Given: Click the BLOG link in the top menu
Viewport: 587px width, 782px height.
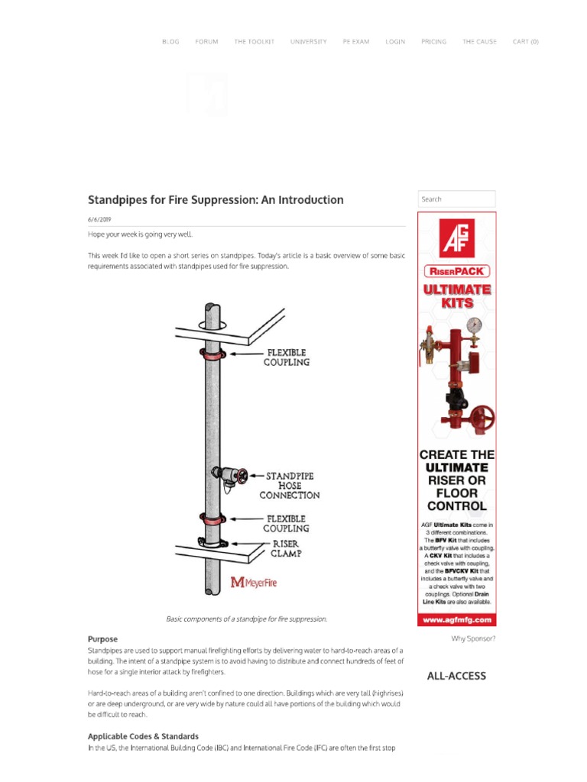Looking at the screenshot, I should (x=170, y=42).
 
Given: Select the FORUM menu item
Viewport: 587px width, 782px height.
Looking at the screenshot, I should (x=206, y=42).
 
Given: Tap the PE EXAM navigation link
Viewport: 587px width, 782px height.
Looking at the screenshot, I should (x=355, y=42).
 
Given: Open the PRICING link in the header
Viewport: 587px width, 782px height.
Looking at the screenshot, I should (x=433, y=42).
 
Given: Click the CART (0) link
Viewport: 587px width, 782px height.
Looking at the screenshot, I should (x=525, y=42).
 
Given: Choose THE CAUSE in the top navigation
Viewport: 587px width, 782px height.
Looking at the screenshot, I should (x=479, y=42).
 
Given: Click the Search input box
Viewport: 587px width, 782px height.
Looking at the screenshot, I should (x=456, y=199).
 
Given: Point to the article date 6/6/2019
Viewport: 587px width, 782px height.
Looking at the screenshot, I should (x=99, y=219).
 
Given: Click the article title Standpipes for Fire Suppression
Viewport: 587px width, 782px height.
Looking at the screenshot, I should (x=216, y=200).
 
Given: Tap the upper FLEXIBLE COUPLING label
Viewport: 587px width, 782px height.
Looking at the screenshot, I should (x=286, y=357).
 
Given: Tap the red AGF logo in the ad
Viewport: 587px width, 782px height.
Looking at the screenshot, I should (x=456, y=238).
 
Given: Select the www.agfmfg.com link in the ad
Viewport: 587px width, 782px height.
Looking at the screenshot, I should (x=456, y=620).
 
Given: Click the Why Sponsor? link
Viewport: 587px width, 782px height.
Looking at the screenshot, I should (x=473, y=638).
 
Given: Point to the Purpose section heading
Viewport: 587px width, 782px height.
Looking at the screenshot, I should (x=102, y=638).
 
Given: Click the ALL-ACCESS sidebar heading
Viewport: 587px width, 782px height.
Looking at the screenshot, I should (x=456, y=676).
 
